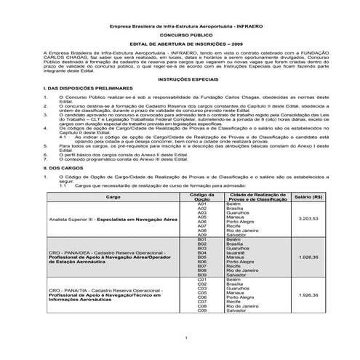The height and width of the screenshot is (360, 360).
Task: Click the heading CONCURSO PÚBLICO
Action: click(x=180, y=34)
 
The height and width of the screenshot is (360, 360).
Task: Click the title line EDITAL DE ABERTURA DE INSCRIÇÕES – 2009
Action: click(x=180, y=45)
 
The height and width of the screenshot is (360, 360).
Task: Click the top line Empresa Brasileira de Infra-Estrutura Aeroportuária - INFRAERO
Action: click(x=180, y=24)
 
